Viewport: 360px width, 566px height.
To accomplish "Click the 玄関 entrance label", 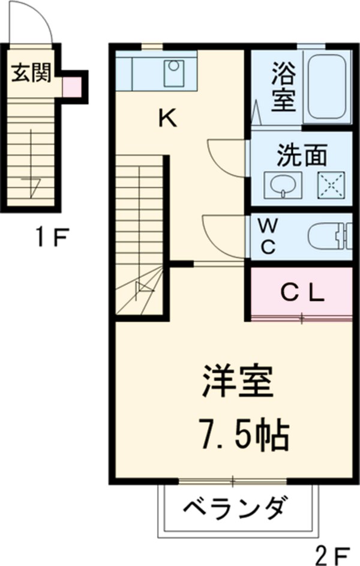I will click(28, 73).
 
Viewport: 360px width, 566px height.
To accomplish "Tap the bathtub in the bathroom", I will click(327, 86).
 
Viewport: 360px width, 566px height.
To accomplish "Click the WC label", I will click(268, 235).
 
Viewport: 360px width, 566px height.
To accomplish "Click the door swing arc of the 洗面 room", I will click(225, 158).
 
